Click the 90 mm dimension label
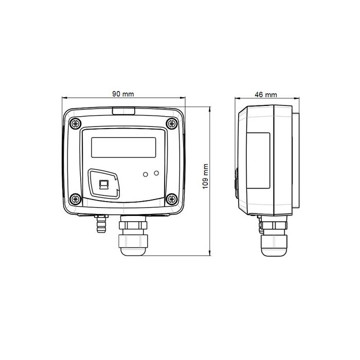point(123,94)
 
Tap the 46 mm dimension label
point(266,95)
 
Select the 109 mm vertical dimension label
point(205,176)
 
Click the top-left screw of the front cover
point(75,124)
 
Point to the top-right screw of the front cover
point(172,123)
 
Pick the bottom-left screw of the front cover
point(75,199)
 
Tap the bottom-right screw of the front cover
point(172,199)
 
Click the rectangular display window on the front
point(123,148)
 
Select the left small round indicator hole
point(146,174)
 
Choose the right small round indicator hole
point(156,173)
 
